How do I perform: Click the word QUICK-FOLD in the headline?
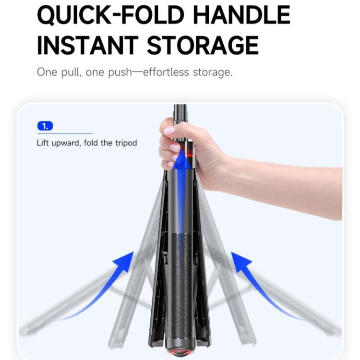(111, 15)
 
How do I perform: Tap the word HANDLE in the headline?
(242, 15)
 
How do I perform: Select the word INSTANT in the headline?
(88, 45)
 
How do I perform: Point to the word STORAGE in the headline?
(203, 45)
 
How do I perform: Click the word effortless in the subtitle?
(166, 72)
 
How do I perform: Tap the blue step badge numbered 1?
(45, 126)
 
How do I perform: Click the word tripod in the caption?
(126, 143)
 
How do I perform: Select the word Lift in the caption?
(43, 143)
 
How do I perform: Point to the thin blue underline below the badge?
(65, 133)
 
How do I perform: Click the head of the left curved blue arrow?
(125, 261)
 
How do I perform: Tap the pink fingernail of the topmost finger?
(169, 132)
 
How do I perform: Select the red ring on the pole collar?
(190, 155)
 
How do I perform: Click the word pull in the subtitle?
(71, 72)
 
